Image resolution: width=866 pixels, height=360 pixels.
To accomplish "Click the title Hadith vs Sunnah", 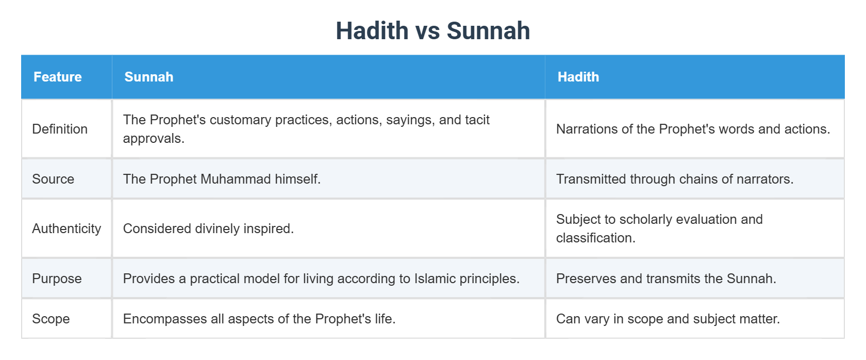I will coord(432,31).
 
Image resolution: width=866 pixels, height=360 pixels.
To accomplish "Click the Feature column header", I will coord(57,77).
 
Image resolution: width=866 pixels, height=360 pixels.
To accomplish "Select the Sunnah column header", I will coord(148,77).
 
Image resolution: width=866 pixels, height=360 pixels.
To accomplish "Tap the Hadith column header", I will coord(578,77).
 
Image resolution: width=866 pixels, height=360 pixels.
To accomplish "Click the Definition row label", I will coord(60,129).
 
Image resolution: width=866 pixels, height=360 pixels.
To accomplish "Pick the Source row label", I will coord(53,179).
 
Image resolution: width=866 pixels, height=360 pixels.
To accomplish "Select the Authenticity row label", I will coord(66,228).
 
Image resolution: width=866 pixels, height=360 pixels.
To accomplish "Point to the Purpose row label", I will coord(57,279).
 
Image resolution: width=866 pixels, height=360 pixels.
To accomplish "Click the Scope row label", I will coord(51,319).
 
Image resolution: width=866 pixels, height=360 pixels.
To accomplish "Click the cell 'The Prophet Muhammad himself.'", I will coord(222,179).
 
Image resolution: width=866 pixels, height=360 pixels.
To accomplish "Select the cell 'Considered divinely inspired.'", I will coord(208,228).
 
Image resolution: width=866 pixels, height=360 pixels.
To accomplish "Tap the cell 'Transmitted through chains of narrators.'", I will coord(674,179).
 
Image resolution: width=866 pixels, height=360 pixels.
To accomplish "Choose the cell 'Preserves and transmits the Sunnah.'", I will coord(665,279).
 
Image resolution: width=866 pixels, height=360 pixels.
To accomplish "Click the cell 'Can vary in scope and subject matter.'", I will coord(668,319).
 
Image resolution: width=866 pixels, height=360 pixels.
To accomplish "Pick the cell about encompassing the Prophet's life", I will coord(259,319).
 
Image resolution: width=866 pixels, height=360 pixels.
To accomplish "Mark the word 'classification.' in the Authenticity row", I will coord(595,238).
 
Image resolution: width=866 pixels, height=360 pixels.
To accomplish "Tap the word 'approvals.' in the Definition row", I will coord(153,138).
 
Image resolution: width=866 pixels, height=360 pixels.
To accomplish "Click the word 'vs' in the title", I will coord(427,31).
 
